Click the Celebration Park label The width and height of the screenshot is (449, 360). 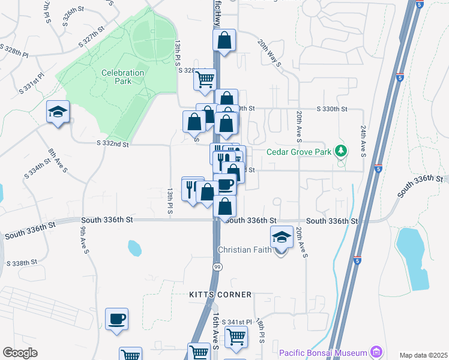coord(122,77)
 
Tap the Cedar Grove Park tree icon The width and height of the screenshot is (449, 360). coord(342,151)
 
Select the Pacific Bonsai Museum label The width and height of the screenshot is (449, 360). coord(324,350)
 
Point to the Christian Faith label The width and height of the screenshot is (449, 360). coord(245,250)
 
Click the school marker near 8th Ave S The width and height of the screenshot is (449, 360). coord(58,112)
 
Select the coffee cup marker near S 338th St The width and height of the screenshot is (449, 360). coord(116,319)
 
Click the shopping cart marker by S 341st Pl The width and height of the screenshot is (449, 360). coord(237,338)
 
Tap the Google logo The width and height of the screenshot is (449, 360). coord(20,353)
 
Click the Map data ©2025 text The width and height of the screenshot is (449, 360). coord(423,355)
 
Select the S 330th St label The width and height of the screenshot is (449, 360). coord(333,109)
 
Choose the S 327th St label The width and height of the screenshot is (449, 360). coord(91,37)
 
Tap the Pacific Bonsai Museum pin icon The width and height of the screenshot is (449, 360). coord(376,350)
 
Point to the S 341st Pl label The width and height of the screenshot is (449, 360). coord(237,322)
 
